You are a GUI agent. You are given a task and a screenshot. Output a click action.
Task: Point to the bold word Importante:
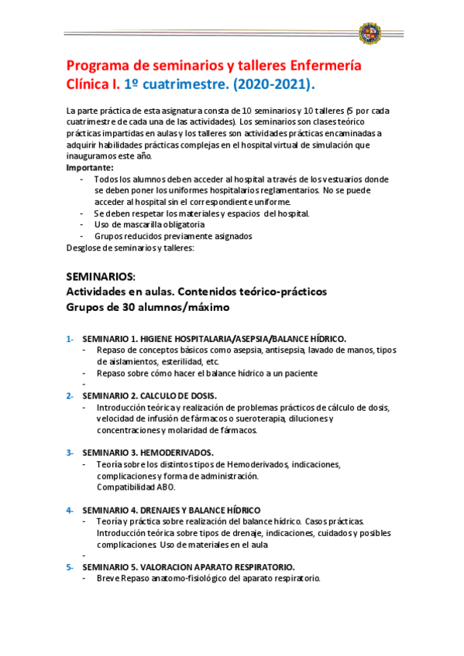point(90,167)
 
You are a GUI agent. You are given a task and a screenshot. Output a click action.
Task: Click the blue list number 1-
point(70,339)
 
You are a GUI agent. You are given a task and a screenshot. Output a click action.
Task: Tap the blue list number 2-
point(70,396)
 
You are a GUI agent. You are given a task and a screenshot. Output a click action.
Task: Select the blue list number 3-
point(70,453)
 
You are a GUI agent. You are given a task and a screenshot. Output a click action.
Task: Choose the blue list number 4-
point(70,510)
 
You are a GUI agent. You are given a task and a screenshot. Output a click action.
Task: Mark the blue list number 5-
point(70,567)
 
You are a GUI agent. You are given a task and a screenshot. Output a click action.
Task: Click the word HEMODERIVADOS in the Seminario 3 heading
point(178,453)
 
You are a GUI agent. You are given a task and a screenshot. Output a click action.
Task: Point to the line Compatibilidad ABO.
point(136,487)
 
